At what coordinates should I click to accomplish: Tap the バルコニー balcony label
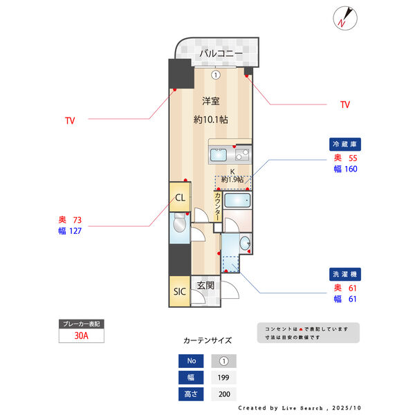[x=221, y=53]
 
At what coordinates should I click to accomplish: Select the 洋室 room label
[x=211, y=101]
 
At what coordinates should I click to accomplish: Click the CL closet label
[x=180, y=198]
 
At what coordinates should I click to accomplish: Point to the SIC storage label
[x=179, y=291]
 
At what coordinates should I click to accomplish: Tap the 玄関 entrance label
[x=205, y=285]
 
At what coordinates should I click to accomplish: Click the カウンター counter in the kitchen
[x=217, y=205]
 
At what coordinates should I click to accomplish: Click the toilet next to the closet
[x=179, y=225]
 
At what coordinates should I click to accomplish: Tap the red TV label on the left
[x=70, y=120]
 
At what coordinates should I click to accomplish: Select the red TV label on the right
[x=344, y=104]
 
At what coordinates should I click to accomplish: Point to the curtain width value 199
[x=223, y=378]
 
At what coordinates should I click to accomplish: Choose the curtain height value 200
[x=223, y=394]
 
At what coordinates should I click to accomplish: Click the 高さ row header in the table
[x=190, y=394]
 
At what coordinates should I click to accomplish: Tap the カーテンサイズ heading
[x=207, y=340]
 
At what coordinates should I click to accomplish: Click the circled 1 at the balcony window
[x=216, y=75]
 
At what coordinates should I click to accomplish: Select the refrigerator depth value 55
[x=353, y=158]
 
